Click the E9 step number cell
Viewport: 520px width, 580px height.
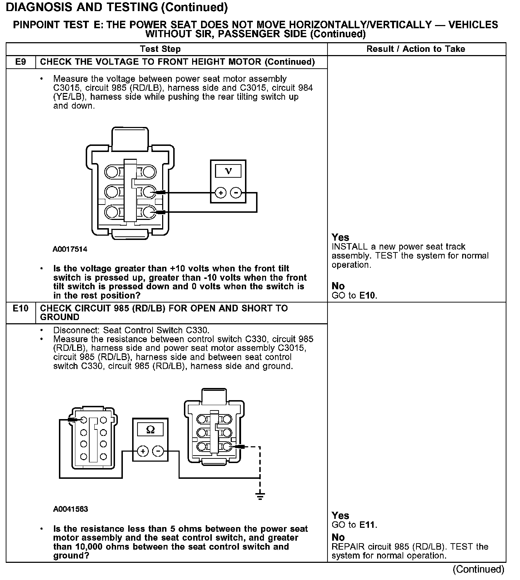pos(21,62)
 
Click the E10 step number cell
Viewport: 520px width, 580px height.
pos(21,308)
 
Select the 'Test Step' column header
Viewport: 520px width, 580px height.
pos(160,49)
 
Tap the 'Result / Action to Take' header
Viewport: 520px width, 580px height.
pos(416,49)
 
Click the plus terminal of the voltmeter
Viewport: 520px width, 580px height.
pos(221,193)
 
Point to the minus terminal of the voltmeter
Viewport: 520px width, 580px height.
pos(236,193)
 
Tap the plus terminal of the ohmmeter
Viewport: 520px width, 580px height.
pos(143,451)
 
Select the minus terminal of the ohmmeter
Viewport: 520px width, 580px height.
pos(158,451)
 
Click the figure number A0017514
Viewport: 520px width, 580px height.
pos(70,249)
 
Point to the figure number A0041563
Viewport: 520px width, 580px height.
pos(70,509)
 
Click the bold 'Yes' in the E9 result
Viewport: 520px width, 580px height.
pos(340,237)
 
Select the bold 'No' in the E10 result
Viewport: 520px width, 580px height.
pos(338,537)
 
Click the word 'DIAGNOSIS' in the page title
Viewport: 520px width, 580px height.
pos(39,7)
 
